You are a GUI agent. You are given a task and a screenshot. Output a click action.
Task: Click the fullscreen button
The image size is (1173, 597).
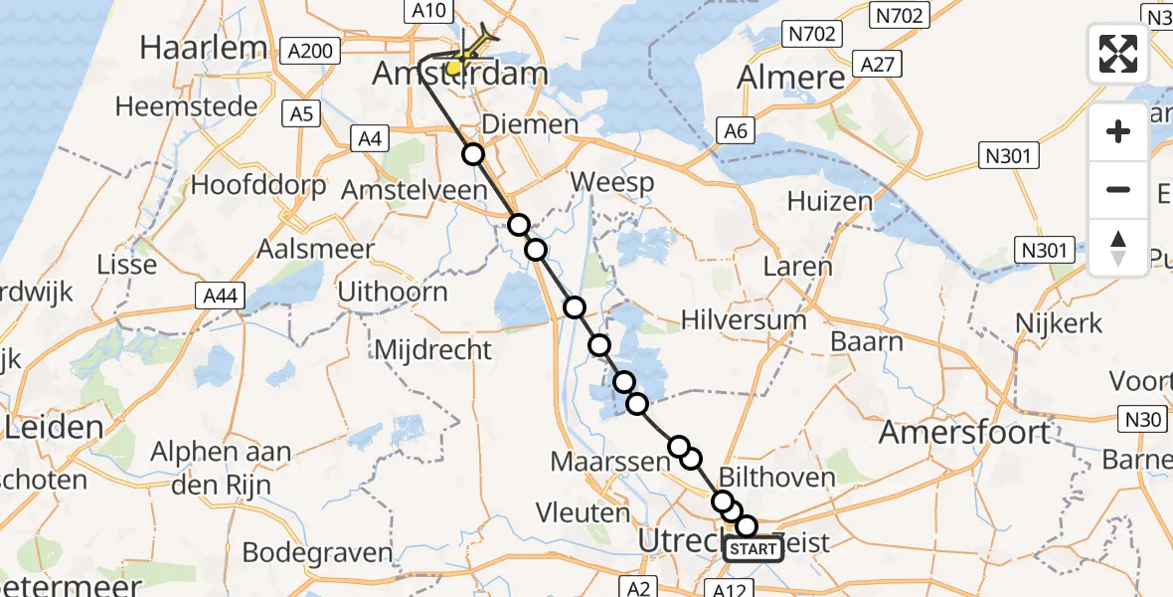[x=1118, y=54]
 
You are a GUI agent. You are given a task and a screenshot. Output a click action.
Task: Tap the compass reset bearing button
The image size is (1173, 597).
[x=1118, y=248]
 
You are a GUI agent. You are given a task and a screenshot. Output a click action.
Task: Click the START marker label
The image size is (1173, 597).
[x=754, y=549]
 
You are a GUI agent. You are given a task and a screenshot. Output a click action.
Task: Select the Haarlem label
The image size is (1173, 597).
[x=204, y=47]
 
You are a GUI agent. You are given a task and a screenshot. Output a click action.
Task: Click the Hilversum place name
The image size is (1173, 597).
[x=744, y=319]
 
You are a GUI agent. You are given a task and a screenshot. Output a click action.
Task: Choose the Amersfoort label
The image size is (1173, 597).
[x=964, y=432]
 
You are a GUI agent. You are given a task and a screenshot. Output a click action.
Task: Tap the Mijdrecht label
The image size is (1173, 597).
[x=432, y=349]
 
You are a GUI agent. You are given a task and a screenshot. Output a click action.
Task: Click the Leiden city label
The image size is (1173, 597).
[x=55, y=428]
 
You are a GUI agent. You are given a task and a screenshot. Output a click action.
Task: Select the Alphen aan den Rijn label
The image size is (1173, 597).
[x=221, y=465]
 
